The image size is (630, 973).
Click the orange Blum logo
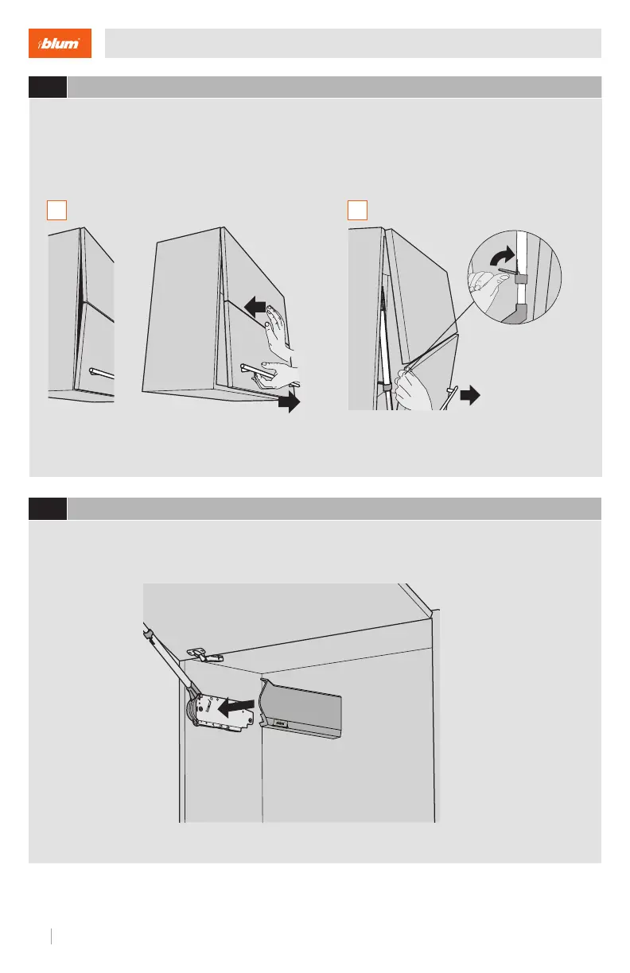(60, 43)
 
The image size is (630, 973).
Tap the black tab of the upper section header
(48, 87)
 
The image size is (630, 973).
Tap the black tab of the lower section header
(48, 509)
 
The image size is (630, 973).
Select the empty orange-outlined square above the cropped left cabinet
(57, 210)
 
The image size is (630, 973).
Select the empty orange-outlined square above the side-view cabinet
(357, 210)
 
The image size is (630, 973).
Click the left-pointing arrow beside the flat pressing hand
(255, 307)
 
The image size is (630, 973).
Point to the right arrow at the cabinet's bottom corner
(289, 401)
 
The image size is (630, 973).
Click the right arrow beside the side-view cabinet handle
(470, 395)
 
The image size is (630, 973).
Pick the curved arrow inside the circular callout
(503, 256)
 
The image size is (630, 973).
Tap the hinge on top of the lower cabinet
(204, 654)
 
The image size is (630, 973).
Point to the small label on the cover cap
(281, 723)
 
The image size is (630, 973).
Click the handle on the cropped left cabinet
(102, 373)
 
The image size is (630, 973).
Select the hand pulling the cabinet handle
(278, 376)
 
